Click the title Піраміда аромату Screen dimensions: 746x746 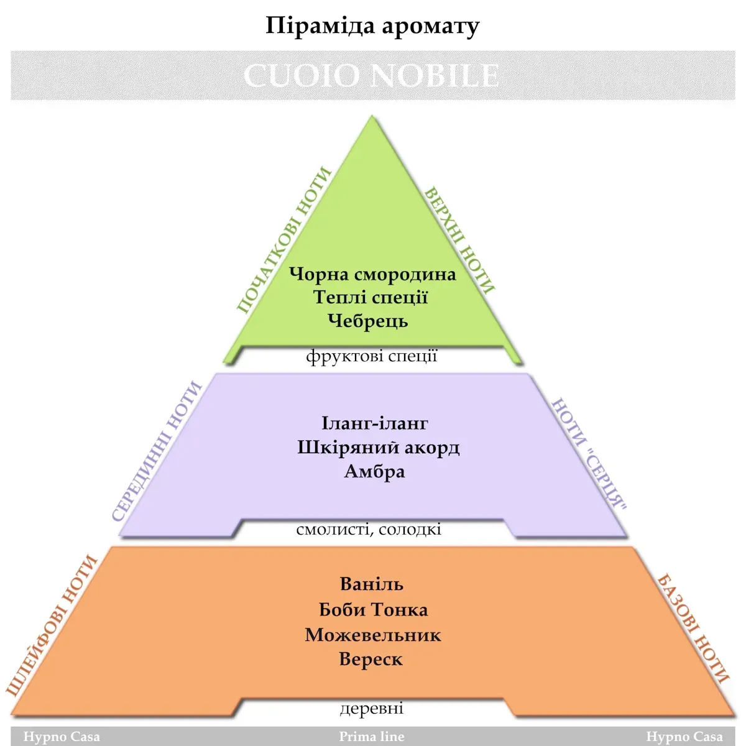point(372,26)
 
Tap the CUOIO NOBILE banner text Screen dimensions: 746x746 point(372,75)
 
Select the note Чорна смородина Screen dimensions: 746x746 point(372,275)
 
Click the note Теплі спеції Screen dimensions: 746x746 point(371,297)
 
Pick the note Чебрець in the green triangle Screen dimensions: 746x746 point(368,321)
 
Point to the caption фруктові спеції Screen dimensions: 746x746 point(372,356)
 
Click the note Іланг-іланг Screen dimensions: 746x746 point(375,423)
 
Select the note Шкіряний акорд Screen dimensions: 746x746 point(378,448)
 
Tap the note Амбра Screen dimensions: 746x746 point(375,471)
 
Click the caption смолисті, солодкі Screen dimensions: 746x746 point(369,529)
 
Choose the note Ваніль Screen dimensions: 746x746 point(372,584)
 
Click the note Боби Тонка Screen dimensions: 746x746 point(373,610)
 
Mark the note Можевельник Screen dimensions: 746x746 point(373,635)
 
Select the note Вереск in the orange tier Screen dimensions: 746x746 point(371,660)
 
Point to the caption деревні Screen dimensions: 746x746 point(372,708)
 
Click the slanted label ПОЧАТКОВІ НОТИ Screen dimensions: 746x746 point(284,240)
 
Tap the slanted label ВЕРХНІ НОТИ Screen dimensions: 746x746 point(459,241)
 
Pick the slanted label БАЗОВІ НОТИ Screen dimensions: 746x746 point(694,629)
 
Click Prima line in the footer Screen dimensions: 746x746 point(372,736)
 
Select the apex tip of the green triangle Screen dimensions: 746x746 point(372,115)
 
